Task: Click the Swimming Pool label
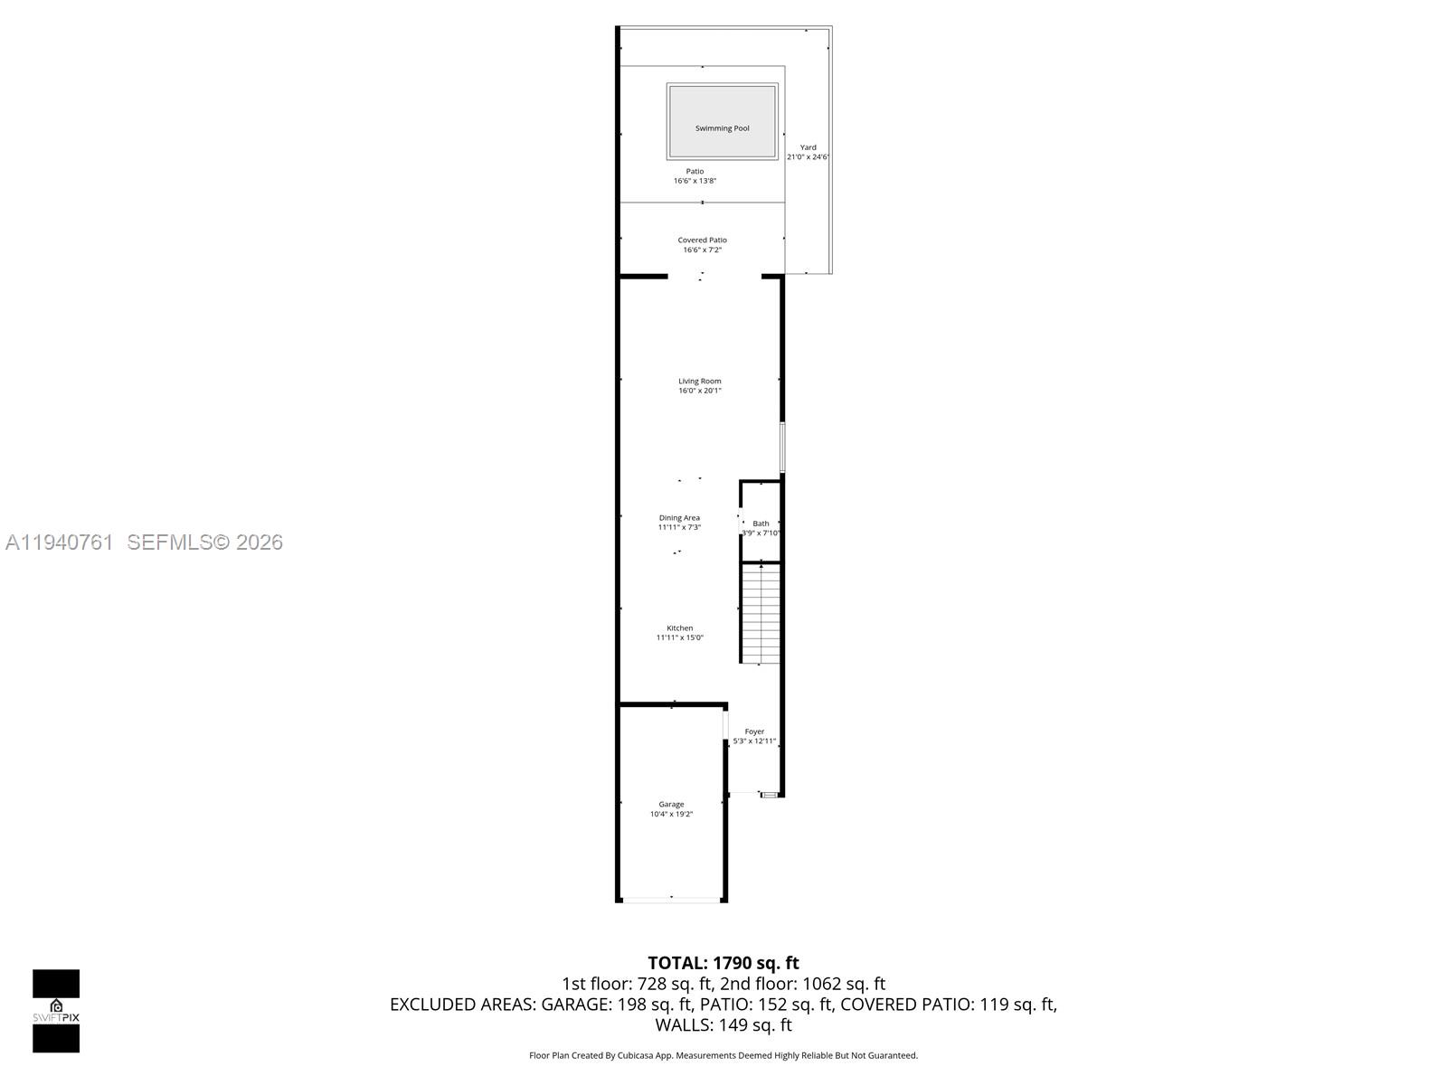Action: pos(722,128)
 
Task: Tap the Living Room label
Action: pos(700,382)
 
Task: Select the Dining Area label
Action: pos(679,518)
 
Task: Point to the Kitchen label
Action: pos(680,628)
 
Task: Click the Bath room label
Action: pos(761,524)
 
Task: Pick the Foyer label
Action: pos(754,731)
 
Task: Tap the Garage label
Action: pos(671,804)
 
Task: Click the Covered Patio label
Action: pos(702,240)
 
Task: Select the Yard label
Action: pos(809,147)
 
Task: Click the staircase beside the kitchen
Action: pos(761,613)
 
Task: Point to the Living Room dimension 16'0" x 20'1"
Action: pos(700,392)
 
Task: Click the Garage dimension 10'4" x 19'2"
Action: pos(671,815)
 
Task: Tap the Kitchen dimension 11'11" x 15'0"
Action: pos(680,638)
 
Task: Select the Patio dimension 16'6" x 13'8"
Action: pos(695,181)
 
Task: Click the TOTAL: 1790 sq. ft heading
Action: pos(723,963)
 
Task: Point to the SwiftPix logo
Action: pos(56,1011)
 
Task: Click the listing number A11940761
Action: pos(60,542)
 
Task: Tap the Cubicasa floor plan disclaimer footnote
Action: pos(723,1055)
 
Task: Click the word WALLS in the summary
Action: pos(684,1025)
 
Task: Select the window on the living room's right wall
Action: pos(782,447)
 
